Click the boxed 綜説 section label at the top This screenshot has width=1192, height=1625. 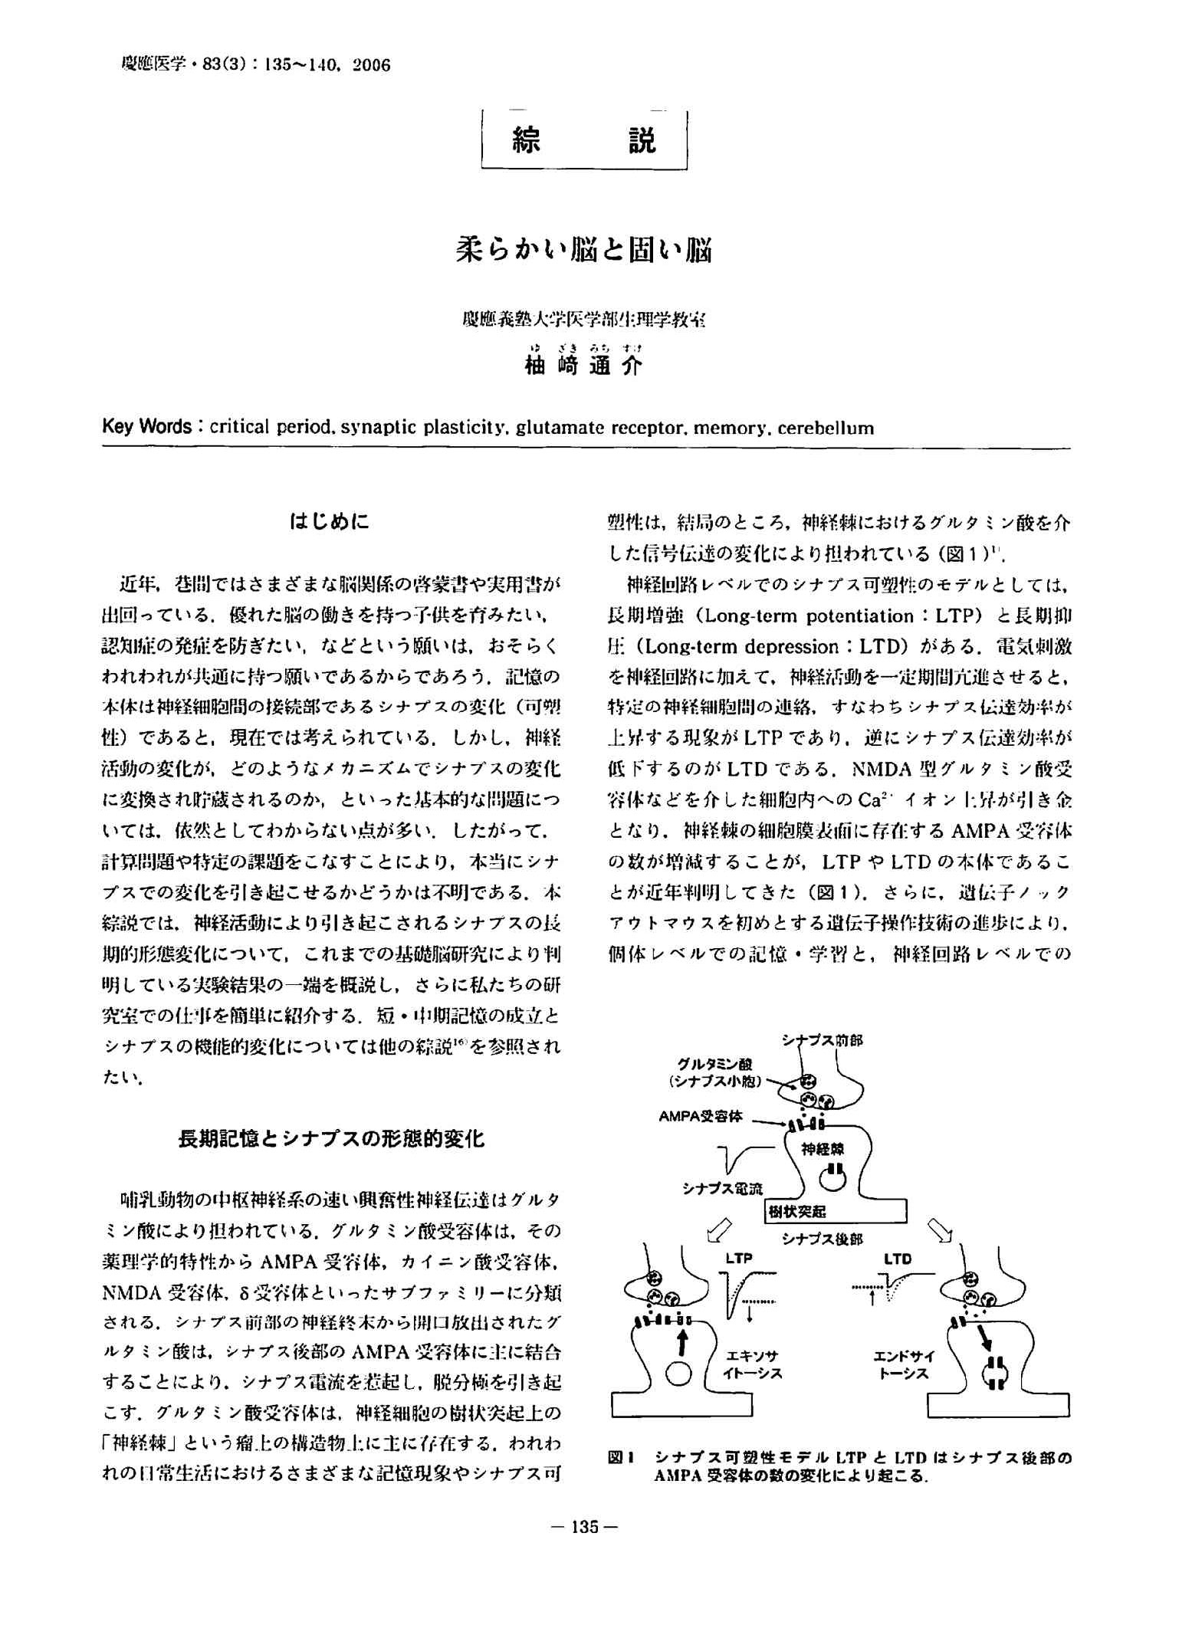[x=584, y=140]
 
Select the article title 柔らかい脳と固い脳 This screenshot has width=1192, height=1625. [x=584, y=250]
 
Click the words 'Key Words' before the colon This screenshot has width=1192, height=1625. [x=146, y=427]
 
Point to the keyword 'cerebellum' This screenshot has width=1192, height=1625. [x=826, y=428]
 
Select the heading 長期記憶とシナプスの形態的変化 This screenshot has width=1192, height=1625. [x=331, y=1139]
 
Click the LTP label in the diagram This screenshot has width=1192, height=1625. [x=739, y=1259]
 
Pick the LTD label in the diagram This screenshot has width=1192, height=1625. [x=898, y=1259]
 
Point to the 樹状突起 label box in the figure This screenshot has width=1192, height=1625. [x=797, y=1212]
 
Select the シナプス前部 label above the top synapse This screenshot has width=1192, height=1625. [x=822, y=1040]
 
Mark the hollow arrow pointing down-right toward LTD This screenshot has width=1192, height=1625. [x=941, y=1229]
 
